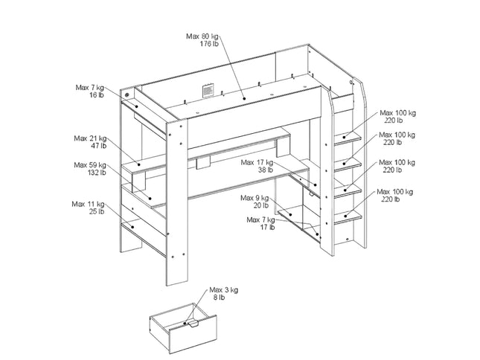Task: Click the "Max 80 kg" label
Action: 202,36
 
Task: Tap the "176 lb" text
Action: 209,44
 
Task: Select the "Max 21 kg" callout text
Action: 90,138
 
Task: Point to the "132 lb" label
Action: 97,173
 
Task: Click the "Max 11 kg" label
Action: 88,204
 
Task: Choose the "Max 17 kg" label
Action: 257,162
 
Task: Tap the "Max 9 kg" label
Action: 255,198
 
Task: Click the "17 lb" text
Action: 268,228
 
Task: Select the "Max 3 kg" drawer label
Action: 224,289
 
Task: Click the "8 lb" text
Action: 219,297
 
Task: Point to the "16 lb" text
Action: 97,95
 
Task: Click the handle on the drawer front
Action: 193,324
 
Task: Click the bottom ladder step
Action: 348,217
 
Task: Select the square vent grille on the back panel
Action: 208,91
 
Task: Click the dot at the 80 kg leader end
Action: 244,98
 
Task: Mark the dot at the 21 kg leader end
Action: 138,164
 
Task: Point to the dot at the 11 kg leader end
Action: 132,227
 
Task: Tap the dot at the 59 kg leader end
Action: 150,199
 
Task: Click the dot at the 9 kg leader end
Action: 290,215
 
